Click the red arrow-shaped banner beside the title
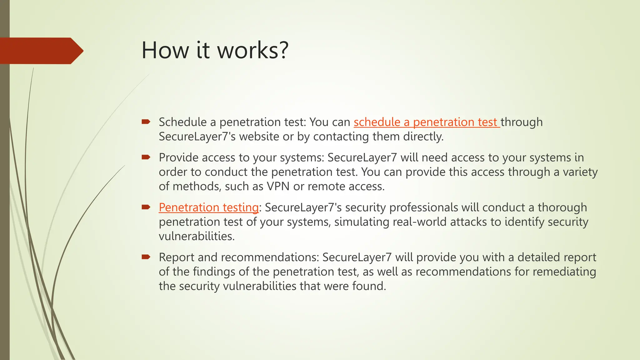tap(41, 51)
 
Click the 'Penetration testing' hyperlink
tap(208, 207)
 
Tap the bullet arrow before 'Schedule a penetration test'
tap(146, 122)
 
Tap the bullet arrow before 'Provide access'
tap(146, 157)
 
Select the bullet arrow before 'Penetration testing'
tap(146, 207)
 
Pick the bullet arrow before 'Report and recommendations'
tap(146, 257)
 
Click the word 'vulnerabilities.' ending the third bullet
tap(197, 236)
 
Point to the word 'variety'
tap(580, 172)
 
